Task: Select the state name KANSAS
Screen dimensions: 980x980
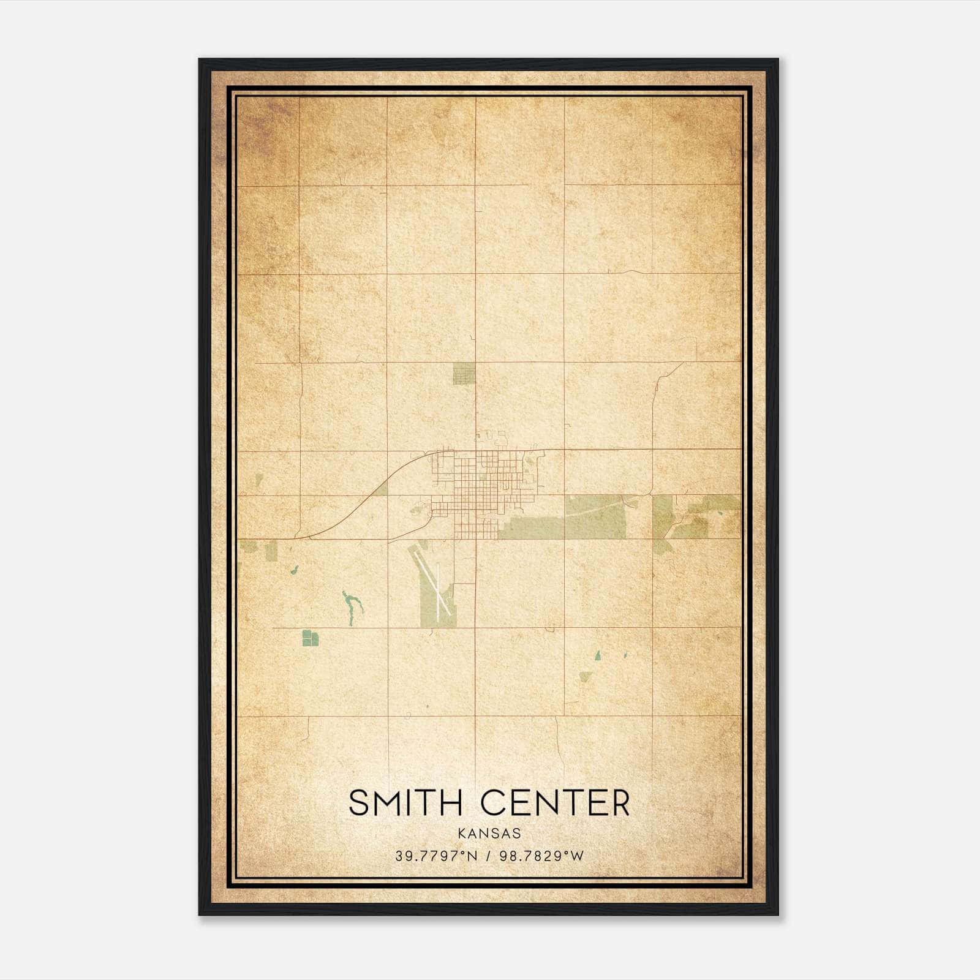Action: [489, 834]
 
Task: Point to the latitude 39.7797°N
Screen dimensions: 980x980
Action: [435, 856]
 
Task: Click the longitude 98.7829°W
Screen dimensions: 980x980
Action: [542, 856]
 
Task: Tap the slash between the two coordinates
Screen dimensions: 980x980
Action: [489, 856]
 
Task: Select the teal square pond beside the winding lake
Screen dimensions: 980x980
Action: [311, 638]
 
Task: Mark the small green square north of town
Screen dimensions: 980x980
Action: [464, 373]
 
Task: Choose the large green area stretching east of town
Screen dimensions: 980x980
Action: [563, 521]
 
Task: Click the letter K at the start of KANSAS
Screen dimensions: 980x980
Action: [461, 834]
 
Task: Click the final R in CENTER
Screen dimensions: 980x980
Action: [620, 803]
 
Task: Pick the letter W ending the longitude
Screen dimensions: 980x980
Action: [578, 856]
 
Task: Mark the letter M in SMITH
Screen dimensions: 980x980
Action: [390, 803]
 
